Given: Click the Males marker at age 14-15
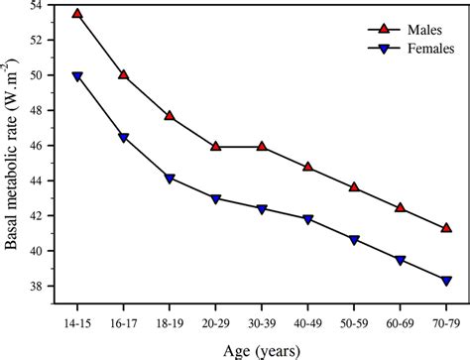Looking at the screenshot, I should pos(77,14).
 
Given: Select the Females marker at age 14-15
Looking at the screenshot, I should pos(77,76).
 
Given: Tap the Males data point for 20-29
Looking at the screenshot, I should pos(216,146).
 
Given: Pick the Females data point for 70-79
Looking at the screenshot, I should pos(446,281).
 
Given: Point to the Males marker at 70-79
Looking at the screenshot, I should pos(446,227).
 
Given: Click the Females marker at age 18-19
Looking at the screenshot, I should pos(170,179).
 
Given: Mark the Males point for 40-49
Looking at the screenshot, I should pos(308,167).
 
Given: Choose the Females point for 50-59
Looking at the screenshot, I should pos(354,240).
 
